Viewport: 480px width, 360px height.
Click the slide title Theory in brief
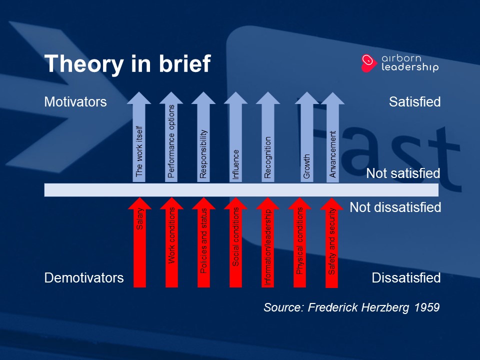(x=127, y=63)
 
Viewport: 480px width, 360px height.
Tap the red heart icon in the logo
(x=368, y=63)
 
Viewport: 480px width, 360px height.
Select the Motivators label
(x=75, y=102)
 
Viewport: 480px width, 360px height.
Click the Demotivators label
(x=84, y=278)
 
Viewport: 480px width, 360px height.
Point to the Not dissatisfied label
(x=395, y=207)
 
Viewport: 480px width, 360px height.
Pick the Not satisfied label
(x=403, y=173)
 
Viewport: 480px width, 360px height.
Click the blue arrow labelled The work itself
(x=139, y=137)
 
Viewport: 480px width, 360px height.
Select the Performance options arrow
(x=171, y=137)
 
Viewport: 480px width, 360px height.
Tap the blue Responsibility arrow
(x=203, y=137)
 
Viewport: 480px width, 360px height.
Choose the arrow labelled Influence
(x=235, y=137)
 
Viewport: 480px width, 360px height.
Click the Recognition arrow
(x=268, y=137)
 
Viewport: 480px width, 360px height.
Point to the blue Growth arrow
(x=306, y=137)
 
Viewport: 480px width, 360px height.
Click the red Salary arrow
(x=139, y=242)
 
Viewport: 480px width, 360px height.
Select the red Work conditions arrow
(x=171, y=242)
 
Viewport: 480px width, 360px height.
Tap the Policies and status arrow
(x=203, y=242)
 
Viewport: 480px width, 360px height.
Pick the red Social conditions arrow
(x=235, y=242)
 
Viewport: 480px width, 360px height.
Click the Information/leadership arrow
(x=267, y=242)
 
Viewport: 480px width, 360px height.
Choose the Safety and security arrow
(x=331, y=243)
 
